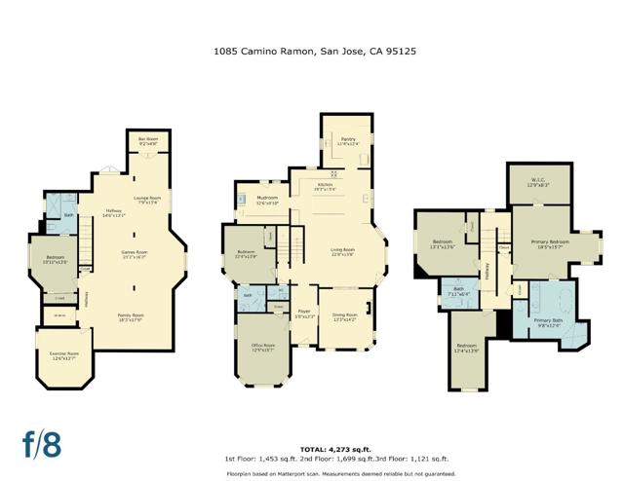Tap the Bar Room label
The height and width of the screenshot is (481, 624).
click(148, 141)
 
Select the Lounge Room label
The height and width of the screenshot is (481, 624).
click(147, 200)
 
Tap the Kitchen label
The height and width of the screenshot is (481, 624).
click(325, 186)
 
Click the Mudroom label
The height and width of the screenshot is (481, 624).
click(267, 201)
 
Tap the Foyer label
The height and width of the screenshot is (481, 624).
click(303, 314)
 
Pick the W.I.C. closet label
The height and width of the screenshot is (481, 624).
click(538, 182)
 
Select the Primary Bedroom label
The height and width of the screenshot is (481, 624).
click(550, 243)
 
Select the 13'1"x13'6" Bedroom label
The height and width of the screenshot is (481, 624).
click(443, 245)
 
